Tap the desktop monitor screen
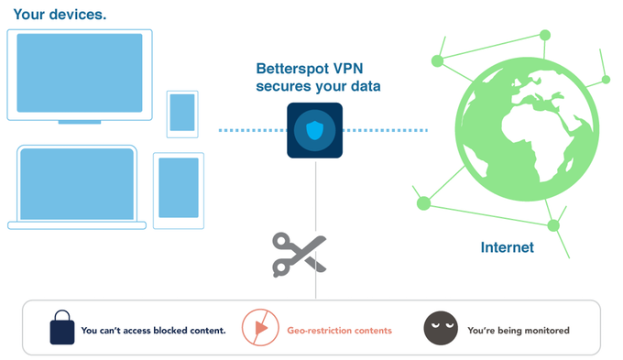(80, 72)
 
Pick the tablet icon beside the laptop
(179, 189)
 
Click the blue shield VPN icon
(314, 131)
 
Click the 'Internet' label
(507, 247)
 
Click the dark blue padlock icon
(61, 328)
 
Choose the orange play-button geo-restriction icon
(257, 328)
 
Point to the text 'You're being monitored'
(518, 330)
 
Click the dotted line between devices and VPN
(251, 131)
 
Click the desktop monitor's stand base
(80, 122)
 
